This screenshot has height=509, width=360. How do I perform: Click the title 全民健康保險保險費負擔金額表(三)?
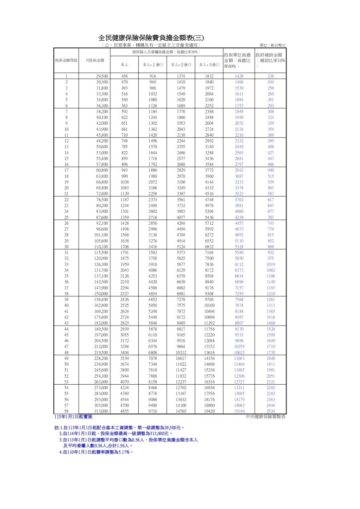151,38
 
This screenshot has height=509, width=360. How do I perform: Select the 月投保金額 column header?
94,60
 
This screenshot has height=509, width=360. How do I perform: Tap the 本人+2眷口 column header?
180,65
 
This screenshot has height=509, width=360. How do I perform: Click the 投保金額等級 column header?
66,60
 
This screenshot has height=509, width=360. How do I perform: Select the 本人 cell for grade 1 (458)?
124,76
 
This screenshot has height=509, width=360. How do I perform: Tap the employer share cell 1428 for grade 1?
239,76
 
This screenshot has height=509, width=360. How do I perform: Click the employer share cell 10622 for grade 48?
239,352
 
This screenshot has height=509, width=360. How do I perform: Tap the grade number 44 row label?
66,330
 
